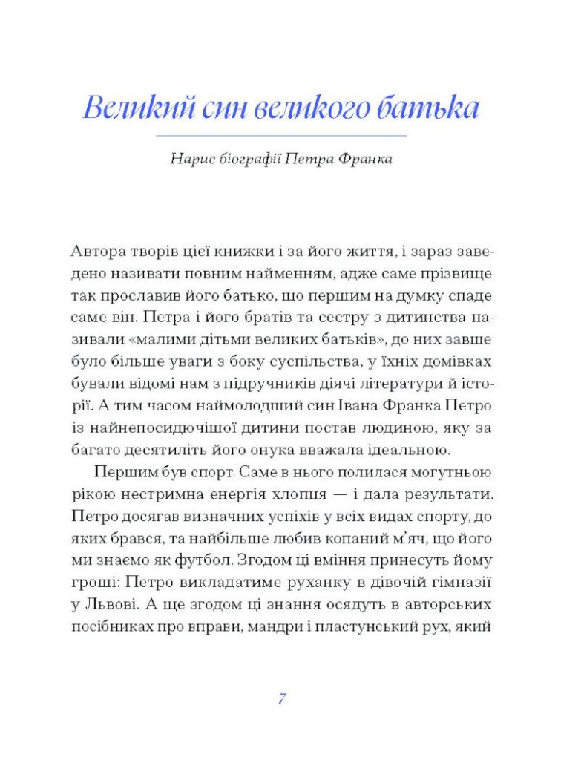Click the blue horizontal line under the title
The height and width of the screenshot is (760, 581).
[281, 136]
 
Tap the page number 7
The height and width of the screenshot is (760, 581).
[282, 698]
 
